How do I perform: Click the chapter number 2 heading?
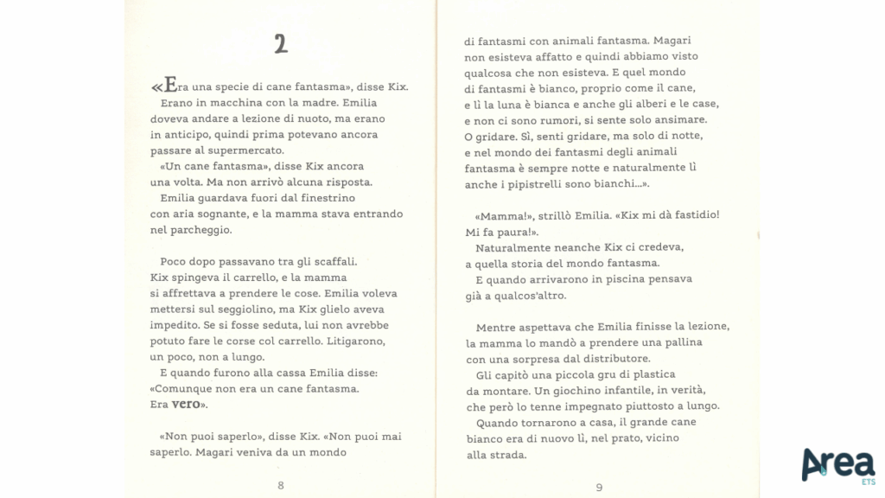pos(280,44)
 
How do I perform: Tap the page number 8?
pos(281,485)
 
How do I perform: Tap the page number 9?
pos(599,487)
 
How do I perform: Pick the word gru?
pos(583,374)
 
